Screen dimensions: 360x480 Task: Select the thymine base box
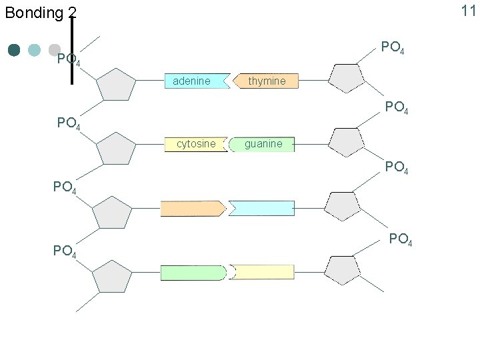265,81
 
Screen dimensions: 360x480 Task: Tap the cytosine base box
195,144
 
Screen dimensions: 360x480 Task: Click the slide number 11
469,10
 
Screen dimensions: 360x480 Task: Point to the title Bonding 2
41,12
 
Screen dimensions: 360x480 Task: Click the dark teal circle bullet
14,50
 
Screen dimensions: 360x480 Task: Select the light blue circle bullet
35,50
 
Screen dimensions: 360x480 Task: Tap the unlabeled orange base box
192,209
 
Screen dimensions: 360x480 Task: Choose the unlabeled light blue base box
262,209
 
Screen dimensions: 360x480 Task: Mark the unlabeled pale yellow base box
262,272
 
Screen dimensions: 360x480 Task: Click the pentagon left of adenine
116,85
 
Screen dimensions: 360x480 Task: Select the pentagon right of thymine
347,77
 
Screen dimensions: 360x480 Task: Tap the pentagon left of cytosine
116,148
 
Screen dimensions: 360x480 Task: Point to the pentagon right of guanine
347,141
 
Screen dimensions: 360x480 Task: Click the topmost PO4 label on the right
393,48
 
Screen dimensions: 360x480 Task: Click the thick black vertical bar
72,51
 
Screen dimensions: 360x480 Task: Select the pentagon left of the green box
112,277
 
